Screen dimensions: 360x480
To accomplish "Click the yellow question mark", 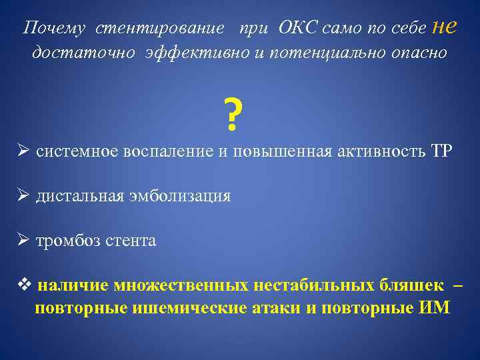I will click(x=231, y=115).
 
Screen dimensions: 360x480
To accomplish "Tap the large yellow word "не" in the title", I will click(x=445, y=26).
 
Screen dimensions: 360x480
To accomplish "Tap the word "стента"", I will click(x=133, y=241).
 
